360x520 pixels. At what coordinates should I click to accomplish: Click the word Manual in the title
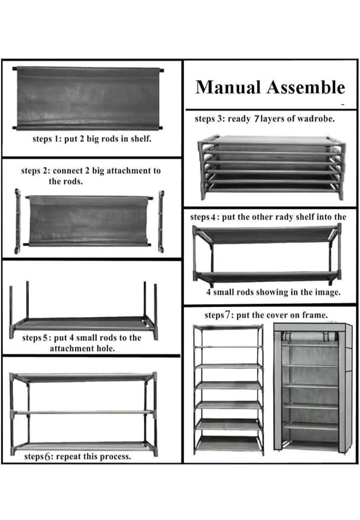(228, 87)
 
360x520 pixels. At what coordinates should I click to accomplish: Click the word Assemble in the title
(306, 87)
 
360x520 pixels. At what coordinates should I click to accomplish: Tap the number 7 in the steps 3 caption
(256, 119)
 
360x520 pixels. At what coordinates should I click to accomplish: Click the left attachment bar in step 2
(17, 221)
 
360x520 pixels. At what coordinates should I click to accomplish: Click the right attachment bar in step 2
(161, 221)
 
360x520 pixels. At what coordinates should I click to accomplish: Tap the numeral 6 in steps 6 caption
(47, 456)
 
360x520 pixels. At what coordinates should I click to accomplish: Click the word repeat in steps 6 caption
(69, 457)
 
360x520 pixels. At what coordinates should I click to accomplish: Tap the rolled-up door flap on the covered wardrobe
(309, 336)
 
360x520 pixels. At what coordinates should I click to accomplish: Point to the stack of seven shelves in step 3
(271, 167)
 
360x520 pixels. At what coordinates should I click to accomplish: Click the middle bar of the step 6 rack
(83, 412)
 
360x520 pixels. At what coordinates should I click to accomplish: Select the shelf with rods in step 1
(88, 98)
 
